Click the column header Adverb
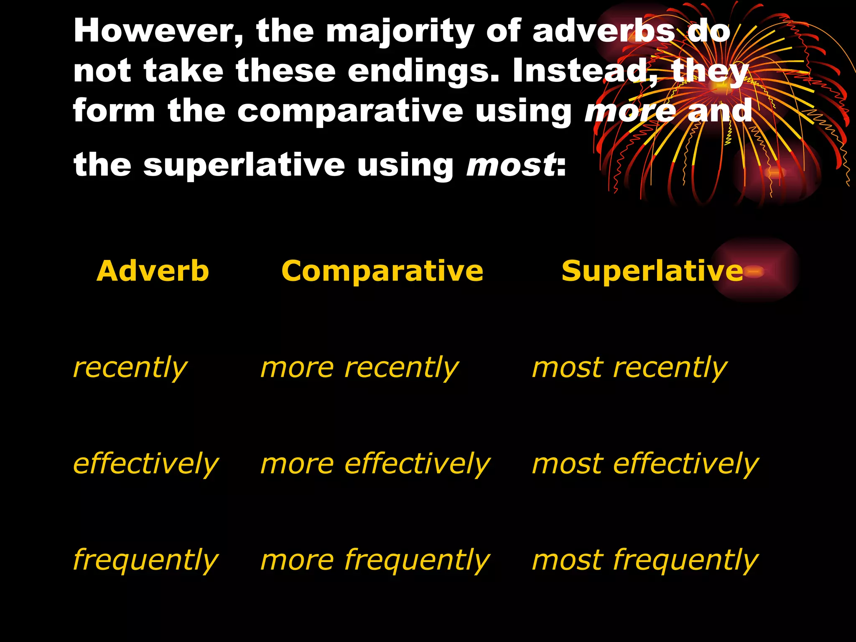(x=153, y=271)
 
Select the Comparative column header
(x=382, y=272)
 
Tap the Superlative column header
(x=652, y=271)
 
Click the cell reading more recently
(x=359, y=368)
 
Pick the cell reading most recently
(x=629, y=368)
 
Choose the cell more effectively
(x=375, y=464)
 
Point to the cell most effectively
(x=645, y=464)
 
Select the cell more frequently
(x=375, y=560)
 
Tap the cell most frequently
(x=645, y=560)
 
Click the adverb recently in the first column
(x=130, y=368)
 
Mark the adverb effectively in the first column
(x=145, y=464)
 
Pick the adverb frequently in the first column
(x=145, y=560)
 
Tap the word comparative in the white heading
(x=350, y=111)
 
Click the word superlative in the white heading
(x=244, y=165)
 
